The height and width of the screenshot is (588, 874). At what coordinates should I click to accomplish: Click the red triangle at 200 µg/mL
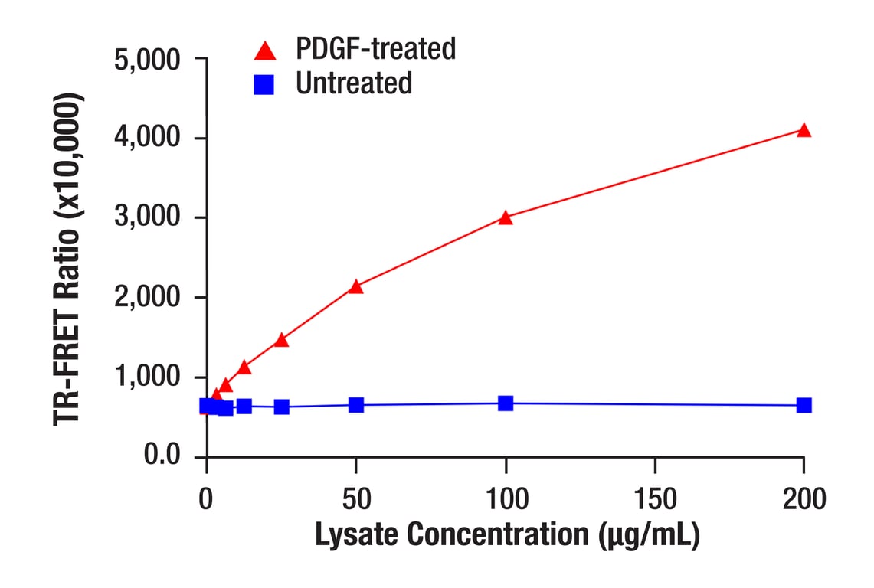(x=804, y=130)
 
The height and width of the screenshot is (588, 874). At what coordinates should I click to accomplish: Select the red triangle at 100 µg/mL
(x=505, y=217)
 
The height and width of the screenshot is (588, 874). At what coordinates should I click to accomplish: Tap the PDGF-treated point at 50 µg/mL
(x=355, y=286)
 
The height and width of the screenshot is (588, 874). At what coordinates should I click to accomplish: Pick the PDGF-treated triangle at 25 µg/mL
(x=281, y=339)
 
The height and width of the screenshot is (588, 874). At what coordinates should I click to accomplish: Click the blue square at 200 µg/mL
(x=804, y=405)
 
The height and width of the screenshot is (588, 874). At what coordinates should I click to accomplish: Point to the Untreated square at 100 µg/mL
(x=505, y=403)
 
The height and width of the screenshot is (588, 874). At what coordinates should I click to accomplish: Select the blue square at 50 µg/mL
(x=355, y=404)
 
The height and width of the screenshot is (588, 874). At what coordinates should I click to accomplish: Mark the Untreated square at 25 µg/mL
(x=281, y=407)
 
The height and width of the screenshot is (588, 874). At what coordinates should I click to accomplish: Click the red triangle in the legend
(x=264, y=51)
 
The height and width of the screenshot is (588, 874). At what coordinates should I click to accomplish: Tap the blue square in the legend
(x=264, y=84)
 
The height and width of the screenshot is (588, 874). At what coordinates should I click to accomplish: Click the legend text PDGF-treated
(x=375, y=49)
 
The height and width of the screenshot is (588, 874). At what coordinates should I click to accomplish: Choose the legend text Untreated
(x=354, y=83)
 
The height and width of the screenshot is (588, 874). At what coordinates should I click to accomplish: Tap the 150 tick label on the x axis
(x=655, y=499)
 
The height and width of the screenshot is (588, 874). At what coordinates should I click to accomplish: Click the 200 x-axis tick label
(x=804, y=499)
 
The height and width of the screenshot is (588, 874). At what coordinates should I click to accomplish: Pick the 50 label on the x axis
(x=355, y=499)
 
